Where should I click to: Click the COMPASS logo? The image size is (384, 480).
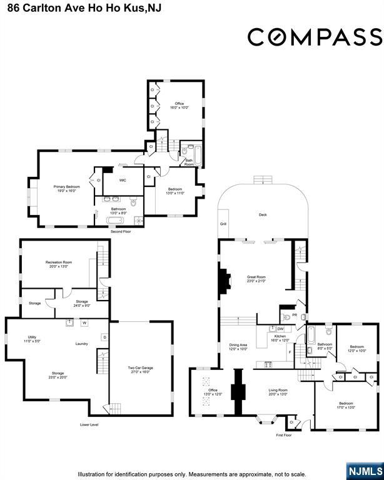tap(315, 37)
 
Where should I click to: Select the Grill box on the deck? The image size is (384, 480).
tap(223, 224)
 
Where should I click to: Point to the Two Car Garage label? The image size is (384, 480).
tap(140, 369)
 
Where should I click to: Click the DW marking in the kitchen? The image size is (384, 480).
tap(281, 329)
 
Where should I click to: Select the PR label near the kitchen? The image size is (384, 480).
tap(294, 315)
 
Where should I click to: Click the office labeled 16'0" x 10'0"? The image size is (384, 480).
tap(179, 105)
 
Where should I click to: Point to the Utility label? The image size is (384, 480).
tap(31, 338)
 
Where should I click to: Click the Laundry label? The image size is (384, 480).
tap(81, 344)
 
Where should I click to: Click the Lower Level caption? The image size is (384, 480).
tap(89, 424)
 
